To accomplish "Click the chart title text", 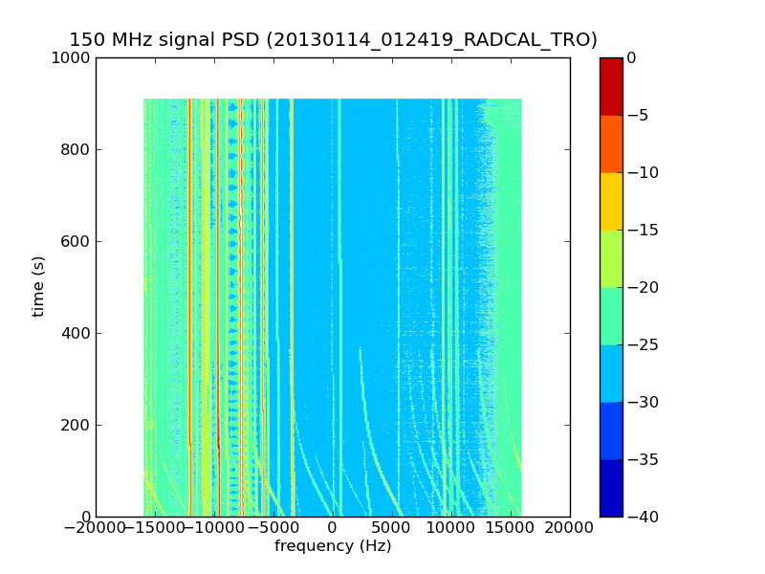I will click(333, 40).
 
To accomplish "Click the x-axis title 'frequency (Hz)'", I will click(333, 546).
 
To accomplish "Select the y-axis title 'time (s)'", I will click(38, 286).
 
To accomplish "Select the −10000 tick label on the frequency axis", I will click(213, 527).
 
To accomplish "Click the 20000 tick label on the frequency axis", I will click(570, 527).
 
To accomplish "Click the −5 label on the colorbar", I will click(639, 116).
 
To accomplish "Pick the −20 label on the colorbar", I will click(643, 288).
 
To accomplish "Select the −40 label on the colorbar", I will click(643, 518).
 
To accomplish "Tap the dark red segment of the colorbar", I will click(611, 86).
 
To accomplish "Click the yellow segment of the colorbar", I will click(611, 201).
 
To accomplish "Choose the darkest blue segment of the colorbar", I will click(611, 488).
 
